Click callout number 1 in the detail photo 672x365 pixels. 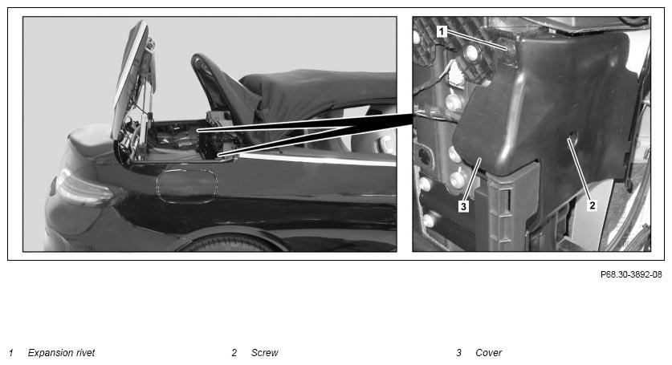tap(442, 31)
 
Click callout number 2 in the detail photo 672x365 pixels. tap(592, 205)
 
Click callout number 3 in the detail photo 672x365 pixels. tap(463, 206)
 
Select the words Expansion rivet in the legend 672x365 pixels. tap(61, 353)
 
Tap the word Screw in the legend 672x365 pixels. tap(264, 353)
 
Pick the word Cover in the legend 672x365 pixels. tap(489, 353)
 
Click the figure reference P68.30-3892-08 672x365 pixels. tap(631, 274)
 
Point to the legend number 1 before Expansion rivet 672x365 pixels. tap(11, 353)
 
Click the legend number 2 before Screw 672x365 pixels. tap(234, 353)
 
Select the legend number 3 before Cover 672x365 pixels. tap(458, 353)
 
